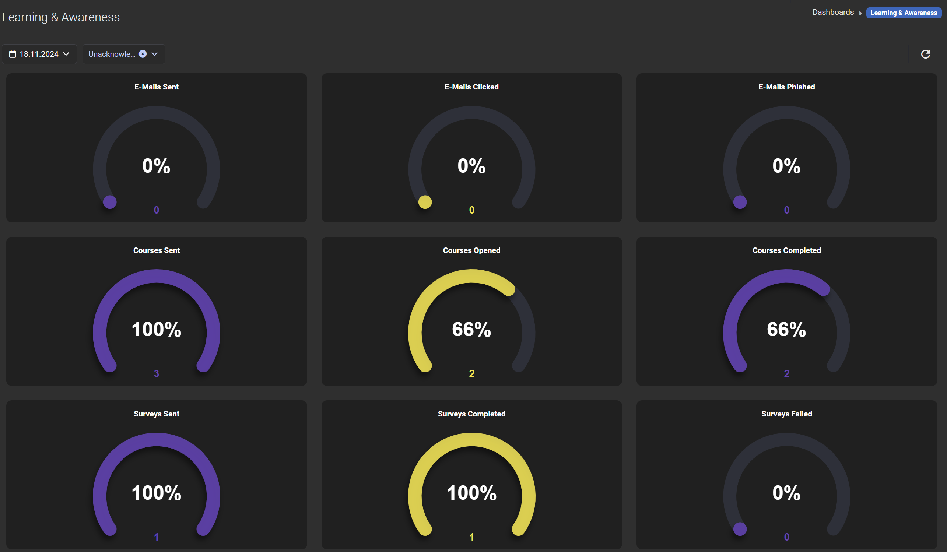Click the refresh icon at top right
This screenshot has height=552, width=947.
[x=925, y=54]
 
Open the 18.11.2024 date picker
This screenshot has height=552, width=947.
[x=39, y=54]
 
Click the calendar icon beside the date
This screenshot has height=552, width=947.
[x=13, y=54]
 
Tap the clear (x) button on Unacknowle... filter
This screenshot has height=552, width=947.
[x=143, y=54]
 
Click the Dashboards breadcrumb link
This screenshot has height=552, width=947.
[x=833, y=13]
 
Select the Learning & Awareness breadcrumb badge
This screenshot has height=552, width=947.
[x=904, y=13]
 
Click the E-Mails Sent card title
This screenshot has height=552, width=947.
[x=156, y=87]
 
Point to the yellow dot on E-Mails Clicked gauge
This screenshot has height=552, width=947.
[x=425, y=202]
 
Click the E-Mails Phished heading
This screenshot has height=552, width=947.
[x=786, y=87]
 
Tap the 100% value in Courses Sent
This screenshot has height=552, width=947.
[x=156, y=330]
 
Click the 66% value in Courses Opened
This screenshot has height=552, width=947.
[x=471, y=330]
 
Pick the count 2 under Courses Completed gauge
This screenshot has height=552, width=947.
[x=786, y=373]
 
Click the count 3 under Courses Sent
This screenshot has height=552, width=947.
[x=156, y=373]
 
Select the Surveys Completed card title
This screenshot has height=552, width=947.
[x=471, y=414]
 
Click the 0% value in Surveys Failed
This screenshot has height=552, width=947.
[x=786, y=493]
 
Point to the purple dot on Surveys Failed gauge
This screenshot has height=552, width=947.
[x=740, y=529]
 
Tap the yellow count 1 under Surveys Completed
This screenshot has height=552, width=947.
[x=471, y=537]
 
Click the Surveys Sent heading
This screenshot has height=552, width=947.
[x=156, y=414]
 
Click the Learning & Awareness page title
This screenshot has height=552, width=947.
[x=61, y=17]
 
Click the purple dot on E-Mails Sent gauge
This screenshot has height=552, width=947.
[x=110, y=202]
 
